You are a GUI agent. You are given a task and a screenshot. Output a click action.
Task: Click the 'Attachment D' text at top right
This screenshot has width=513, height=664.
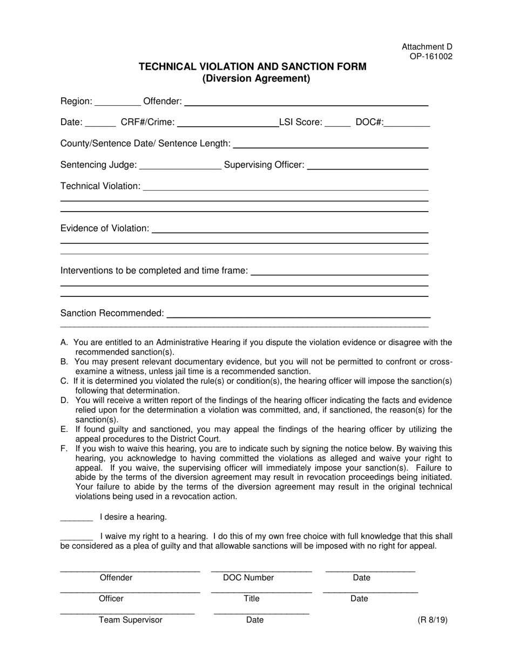[427, 47]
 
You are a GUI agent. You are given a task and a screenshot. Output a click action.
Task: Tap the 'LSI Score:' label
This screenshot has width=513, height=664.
[300, 123]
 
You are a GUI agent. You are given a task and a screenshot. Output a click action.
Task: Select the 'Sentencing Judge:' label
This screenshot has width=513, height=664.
[99, 165]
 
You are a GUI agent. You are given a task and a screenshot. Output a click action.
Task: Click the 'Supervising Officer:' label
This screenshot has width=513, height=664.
[264, 165]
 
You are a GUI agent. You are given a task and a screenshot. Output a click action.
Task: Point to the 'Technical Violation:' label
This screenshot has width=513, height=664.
[100, 186]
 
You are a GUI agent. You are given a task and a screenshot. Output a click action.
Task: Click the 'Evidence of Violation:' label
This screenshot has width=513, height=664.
[105, 228]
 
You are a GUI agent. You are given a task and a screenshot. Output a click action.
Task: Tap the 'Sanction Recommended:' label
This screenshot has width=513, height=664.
[112, 313]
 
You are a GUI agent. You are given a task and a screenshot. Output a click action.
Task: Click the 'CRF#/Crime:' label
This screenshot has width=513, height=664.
[147, 123]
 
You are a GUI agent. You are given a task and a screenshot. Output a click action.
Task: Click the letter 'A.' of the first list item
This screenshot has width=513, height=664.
[64, 342]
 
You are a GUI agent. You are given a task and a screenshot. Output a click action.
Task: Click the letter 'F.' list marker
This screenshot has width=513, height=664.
[64, 449]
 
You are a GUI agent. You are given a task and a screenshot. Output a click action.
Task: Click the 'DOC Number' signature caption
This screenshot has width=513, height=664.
[248, 578]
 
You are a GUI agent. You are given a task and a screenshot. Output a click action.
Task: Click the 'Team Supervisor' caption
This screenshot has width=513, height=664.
[130, 620]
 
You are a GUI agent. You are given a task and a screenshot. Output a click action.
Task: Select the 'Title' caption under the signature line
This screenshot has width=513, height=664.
[252, 599]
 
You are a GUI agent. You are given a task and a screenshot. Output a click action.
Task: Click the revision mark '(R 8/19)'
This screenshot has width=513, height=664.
[432, 620]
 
